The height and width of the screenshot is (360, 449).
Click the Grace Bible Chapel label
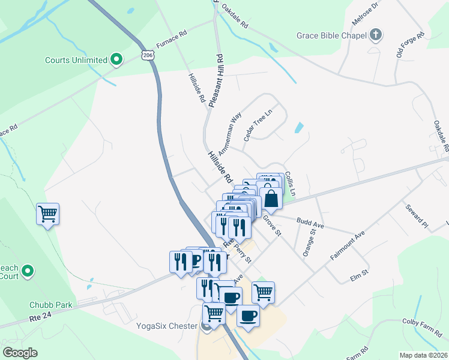tap(331, 35)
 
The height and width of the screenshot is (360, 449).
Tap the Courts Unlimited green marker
tap(117, 60)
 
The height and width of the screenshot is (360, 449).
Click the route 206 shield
tap(148, 55)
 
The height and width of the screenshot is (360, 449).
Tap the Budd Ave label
tap(310, 224)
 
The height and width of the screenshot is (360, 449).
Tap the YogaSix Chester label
tap(166, 326)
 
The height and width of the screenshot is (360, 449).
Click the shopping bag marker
tap(271, 199)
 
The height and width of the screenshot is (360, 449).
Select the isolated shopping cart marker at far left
tap(47, 213)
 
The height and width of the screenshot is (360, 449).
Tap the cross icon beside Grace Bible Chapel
tap(375, 35)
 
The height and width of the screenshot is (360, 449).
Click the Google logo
tap(20, 353)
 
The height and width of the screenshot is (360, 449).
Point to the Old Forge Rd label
tap(410, 44)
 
